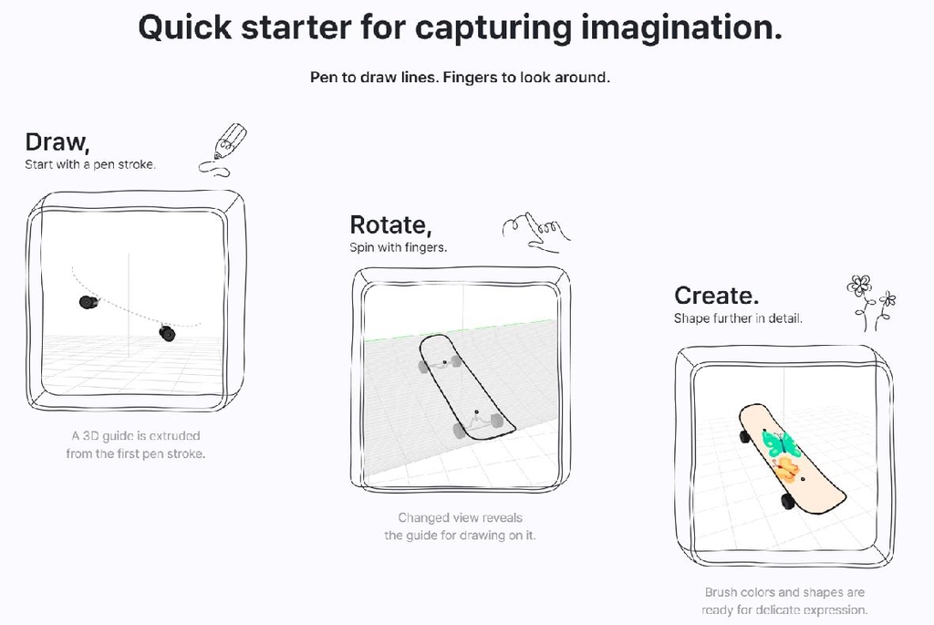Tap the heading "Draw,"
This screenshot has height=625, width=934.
[x=57, y=142]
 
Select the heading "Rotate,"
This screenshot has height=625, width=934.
[x=390, y=224]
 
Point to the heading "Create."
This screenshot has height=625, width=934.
[x=717, y=296]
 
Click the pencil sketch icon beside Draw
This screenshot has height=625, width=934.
[x=223, y=151]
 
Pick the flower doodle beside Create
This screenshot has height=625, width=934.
[x=871, y=302]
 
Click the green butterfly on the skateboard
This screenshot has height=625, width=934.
[x=779, y=443]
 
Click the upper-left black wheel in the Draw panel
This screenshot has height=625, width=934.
[x=88, y=303]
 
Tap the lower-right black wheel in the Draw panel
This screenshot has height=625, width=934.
[x=168, y=333]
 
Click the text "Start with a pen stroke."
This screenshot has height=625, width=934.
[x=90, y=164]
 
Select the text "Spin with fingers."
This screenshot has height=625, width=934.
[x=398, y=247]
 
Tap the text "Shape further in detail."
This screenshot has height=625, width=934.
[x=738, y=318]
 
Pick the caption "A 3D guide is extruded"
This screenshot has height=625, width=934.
[x=136, y=436]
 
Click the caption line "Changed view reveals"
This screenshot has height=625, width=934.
[x=460, y=517]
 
